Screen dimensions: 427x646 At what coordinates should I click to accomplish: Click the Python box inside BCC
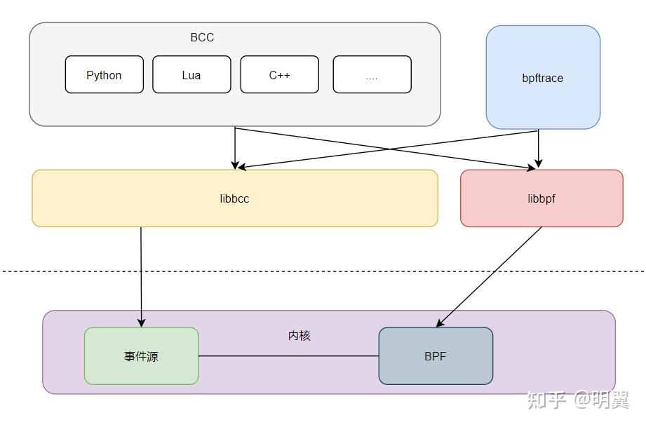coord(104,75)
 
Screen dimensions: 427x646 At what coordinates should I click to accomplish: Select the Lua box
coord(191,75)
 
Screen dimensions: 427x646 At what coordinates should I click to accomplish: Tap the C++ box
coord(279,75)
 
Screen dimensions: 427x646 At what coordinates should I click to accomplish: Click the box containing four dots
coord(372,75)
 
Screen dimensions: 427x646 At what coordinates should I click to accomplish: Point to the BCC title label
coord(202,37)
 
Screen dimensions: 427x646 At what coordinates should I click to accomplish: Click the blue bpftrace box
coord(543,78)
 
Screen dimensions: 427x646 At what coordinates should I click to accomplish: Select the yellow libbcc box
coord(234,198)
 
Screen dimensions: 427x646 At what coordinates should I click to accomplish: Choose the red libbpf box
coord(541,198)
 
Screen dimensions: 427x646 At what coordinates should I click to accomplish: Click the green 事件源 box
coord(141,356)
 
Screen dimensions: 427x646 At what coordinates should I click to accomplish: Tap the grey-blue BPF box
coord(436,356)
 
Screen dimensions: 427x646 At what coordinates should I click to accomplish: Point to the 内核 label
coord(300,336)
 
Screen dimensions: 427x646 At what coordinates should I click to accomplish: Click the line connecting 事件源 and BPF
coord(288,356)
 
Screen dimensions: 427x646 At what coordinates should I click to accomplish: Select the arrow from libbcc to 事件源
coord(141,273)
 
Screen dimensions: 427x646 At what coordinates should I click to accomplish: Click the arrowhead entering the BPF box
coord(440,323)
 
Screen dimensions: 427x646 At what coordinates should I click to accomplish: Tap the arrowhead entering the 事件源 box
coord(142,323)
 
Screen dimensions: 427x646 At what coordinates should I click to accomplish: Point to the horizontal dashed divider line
coord(323,271)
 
